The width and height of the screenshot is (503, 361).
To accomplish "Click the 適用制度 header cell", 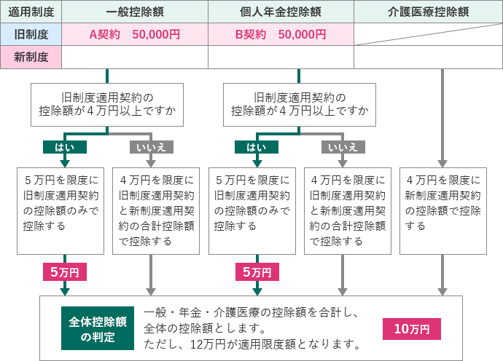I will point(31,12).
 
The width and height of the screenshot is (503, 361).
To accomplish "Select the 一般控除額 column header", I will point(135,12).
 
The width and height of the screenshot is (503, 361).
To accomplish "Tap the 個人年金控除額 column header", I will point(281,12).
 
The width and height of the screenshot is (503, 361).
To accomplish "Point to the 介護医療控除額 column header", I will point(428,12).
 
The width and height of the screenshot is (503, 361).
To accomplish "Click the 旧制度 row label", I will point(31,34).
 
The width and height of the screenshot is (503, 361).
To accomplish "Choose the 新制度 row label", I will point(31,57).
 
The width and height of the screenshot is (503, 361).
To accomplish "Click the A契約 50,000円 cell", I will point(135,34).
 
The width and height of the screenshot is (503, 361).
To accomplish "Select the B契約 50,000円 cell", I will point(281,34).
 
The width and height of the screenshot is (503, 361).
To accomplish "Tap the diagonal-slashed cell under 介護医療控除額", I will point(428,34).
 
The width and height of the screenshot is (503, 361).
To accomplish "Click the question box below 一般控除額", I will point(107,104).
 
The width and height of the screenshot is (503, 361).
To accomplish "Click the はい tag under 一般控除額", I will point(65,147).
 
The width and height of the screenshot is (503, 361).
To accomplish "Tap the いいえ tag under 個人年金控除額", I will point(343,147).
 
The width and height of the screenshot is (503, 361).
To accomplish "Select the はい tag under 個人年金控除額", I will point(256,147).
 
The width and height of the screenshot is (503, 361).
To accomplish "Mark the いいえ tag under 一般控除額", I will point(151,147).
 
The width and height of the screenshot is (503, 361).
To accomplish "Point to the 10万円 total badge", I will point(412,328).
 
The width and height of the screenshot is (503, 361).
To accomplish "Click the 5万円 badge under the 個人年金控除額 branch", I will point(256,271).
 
